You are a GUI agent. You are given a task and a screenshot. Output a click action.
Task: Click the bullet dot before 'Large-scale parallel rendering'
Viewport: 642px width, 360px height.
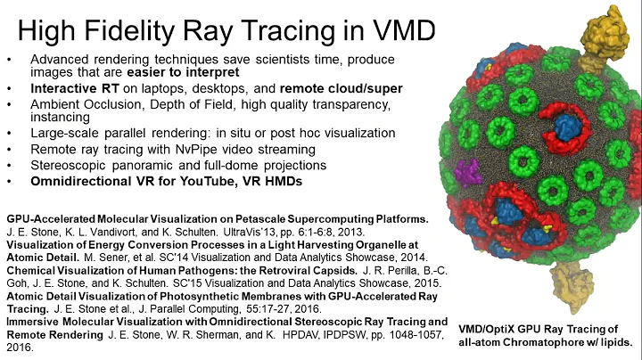[x=9, y=134]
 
